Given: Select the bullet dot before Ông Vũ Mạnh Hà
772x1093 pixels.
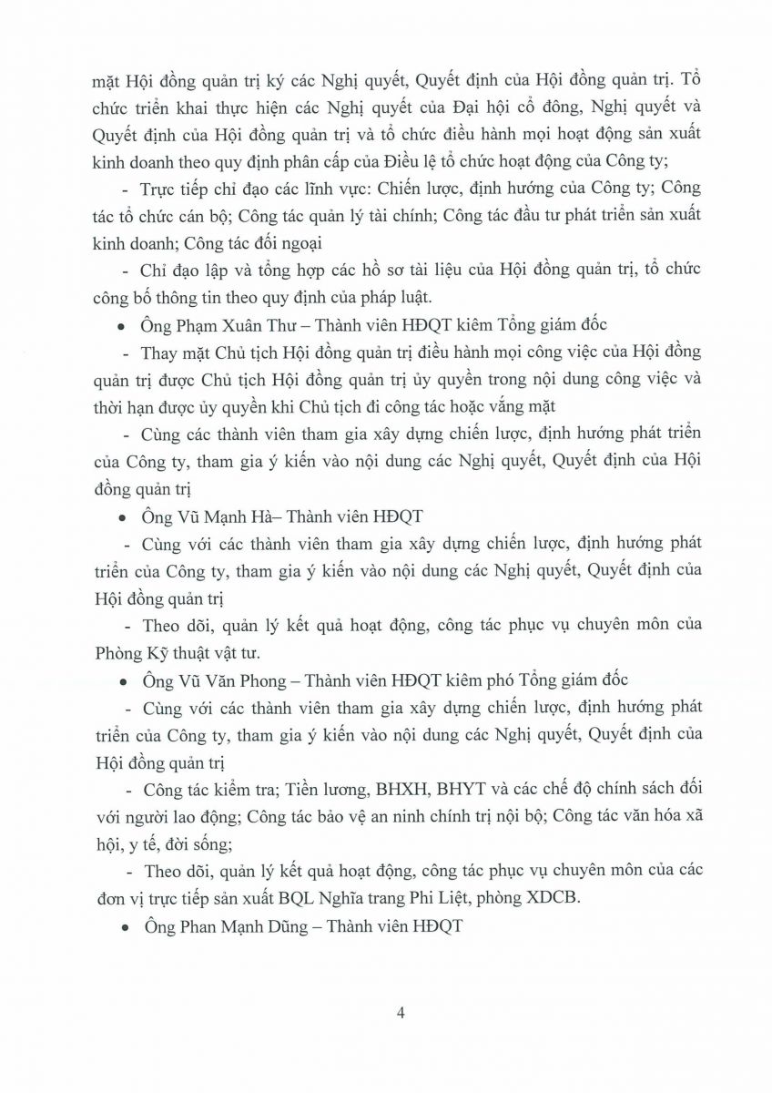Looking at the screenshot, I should point(124,517).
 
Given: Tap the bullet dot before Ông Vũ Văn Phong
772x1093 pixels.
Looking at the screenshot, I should point(124,681).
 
